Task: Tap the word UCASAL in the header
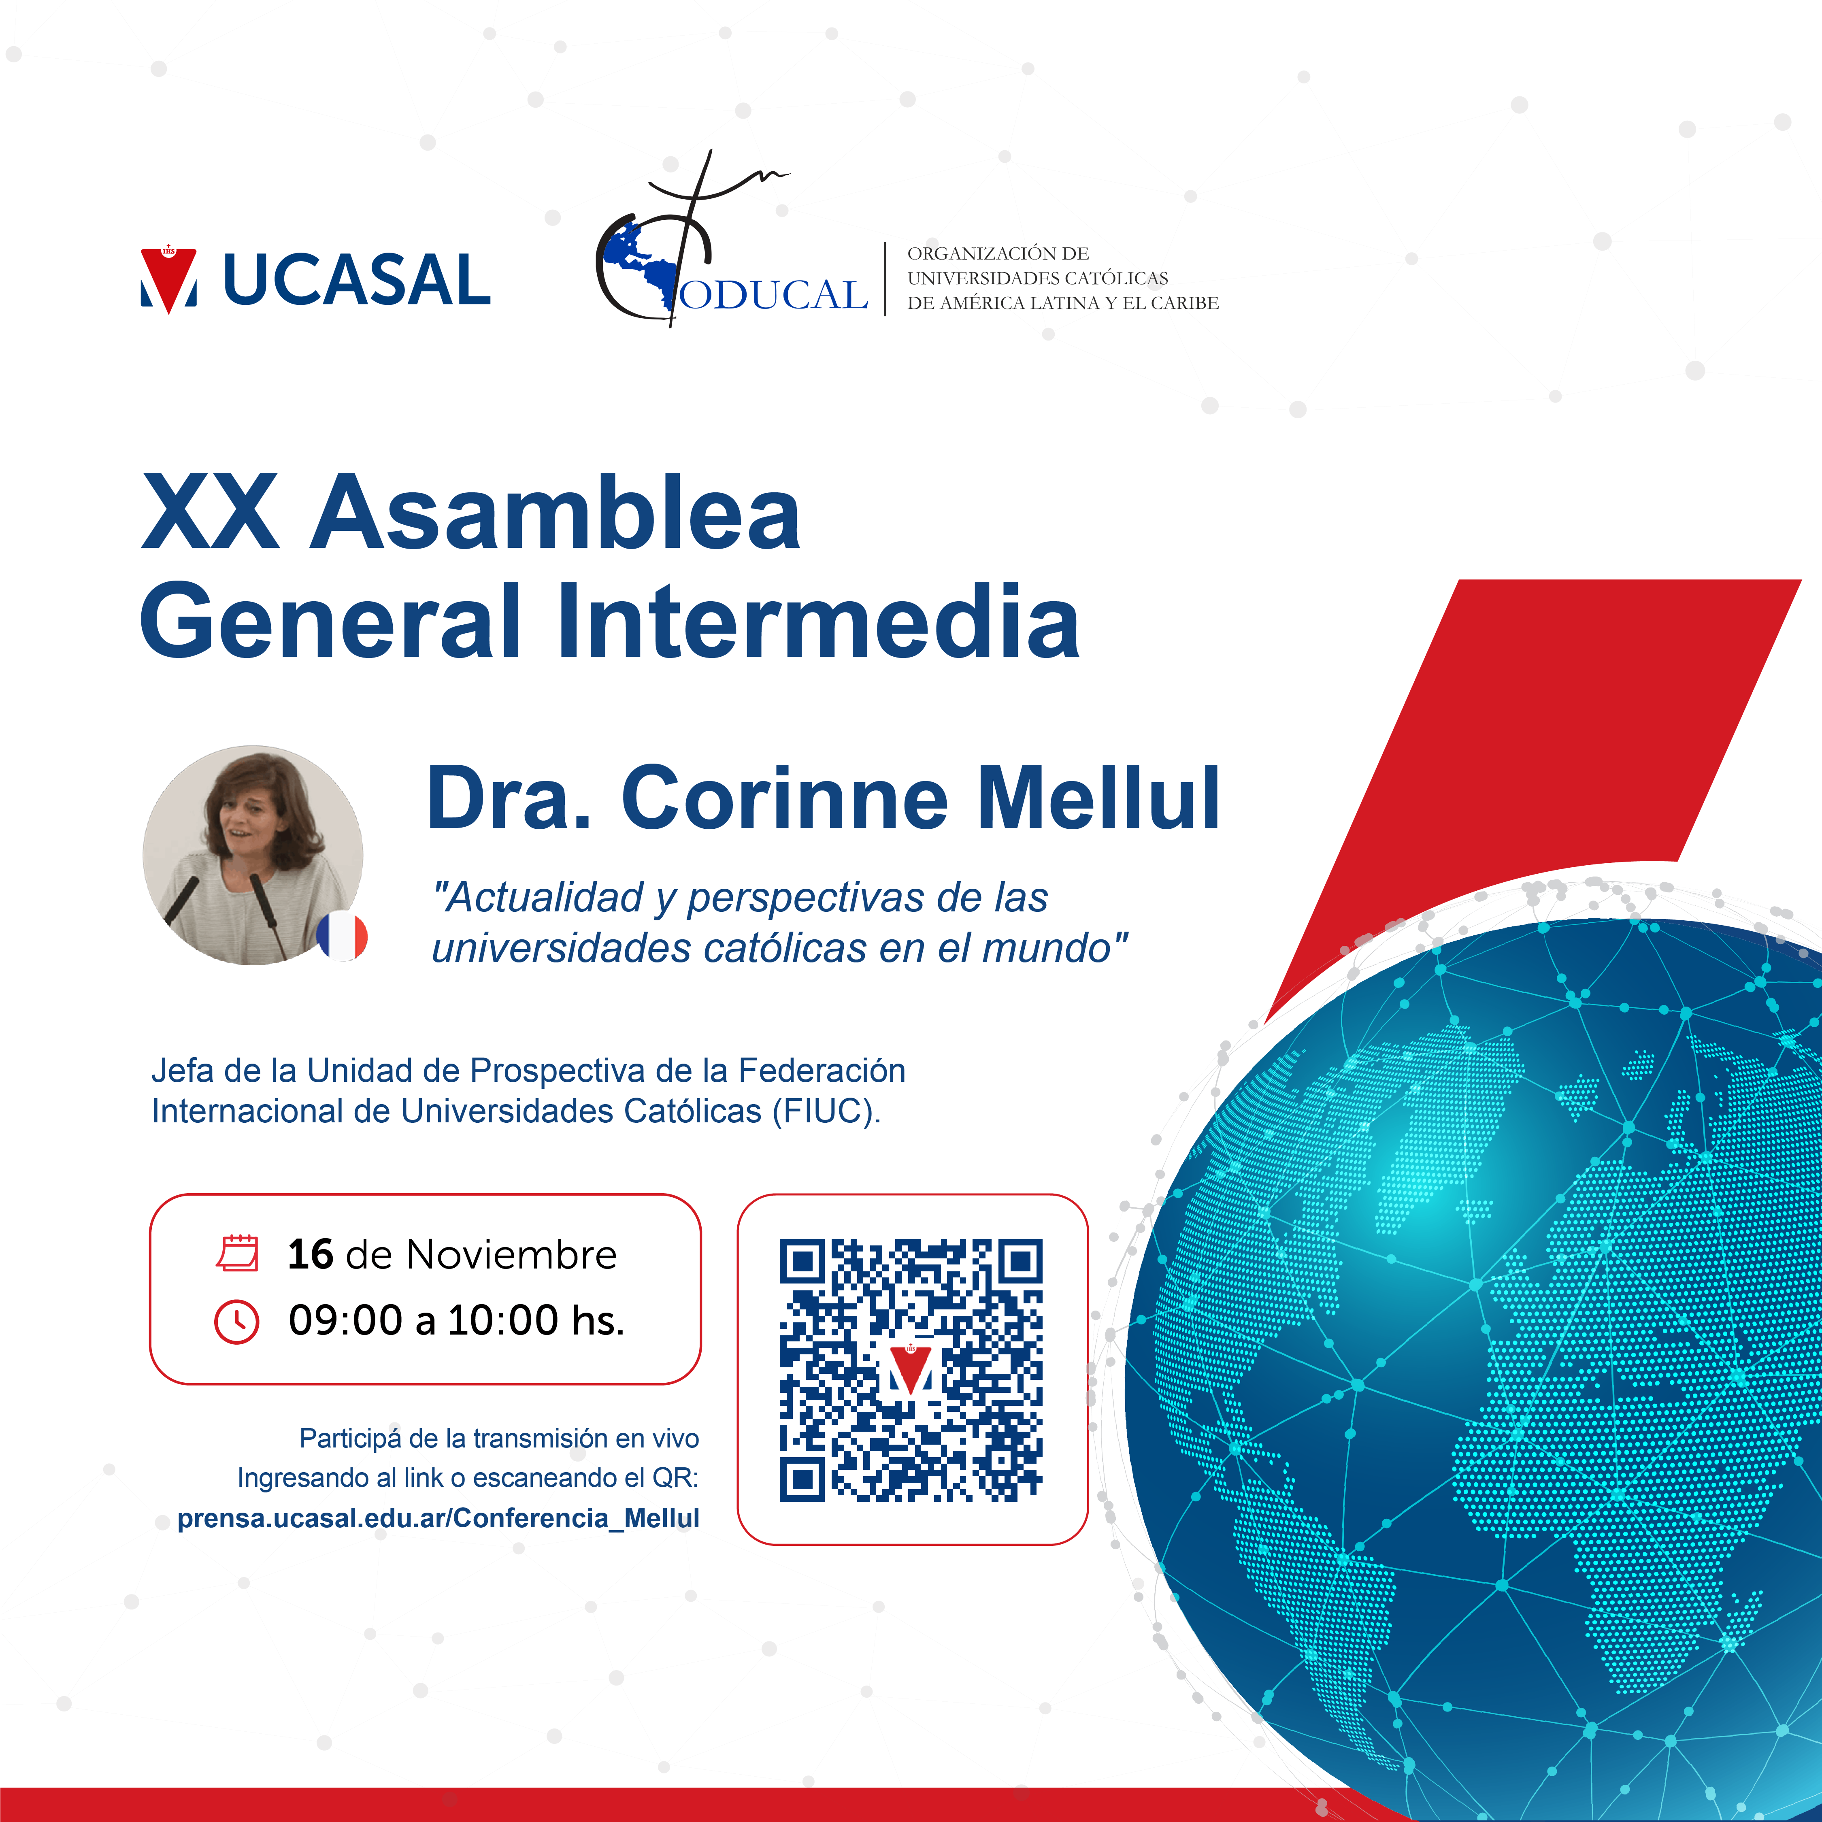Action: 356,280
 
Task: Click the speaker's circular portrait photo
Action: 253,854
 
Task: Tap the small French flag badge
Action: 341,937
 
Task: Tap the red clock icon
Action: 237,1321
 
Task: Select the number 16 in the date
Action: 310,1254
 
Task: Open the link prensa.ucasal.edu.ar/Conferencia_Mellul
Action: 438,1518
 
